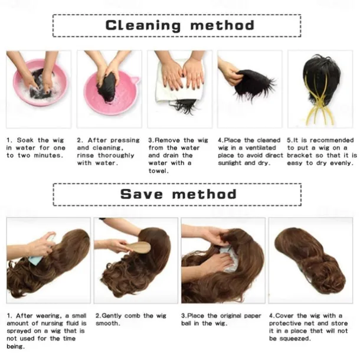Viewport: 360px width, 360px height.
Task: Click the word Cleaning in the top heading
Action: pyautogui.click(x=143, y=25)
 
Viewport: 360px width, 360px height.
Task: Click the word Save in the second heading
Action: pyautogui.click(x=142, y=194)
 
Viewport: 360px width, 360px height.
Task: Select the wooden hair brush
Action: pyautogui.click(x=137, y=247)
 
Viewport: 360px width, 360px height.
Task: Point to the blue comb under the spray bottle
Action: pyautogui.click(x=36, y=260)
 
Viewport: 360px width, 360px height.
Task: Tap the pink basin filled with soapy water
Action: pyautogui.click(x=40, y=83)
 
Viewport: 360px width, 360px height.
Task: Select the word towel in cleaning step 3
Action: pyautogui.click(x=158, y=171)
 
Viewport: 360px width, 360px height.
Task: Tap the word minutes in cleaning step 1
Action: pyautogui.click(x=48, y=155)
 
